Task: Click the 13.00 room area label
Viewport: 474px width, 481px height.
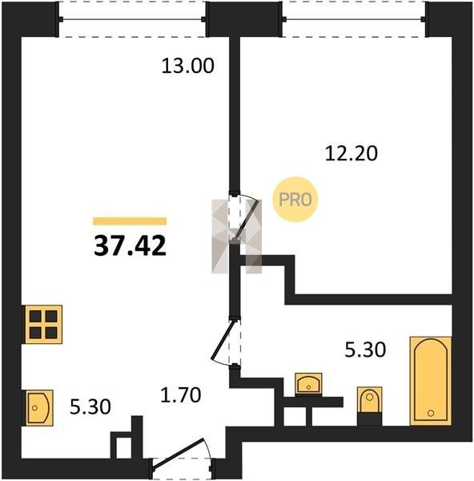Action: [x=187, y=66]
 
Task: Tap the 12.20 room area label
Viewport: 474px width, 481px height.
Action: [x=351, y=153]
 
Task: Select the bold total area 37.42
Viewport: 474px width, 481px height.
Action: [x=130, y=246]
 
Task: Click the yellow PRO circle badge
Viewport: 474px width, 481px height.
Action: [x=295, y=200]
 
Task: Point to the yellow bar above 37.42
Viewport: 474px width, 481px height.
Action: [x=130, y=221]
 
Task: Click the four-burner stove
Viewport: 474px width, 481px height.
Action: [x=43, y=324]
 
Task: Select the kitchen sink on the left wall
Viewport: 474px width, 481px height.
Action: [x=38, y=408]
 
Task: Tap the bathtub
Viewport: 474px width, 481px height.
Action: [x=431, y=381]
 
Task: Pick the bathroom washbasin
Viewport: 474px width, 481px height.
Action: [x=308, y=383]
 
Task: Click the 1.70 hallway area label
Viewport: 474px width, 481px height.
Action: [x=181, y=394]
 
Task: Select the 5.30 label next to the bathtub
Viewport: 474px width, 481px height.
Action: [x=365, y=350]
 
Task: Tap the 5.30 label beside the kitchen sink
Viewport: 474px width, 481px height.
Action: [x=90, y=407]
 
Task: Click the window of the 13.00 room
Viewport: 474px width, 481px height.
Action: [x=132, y=19]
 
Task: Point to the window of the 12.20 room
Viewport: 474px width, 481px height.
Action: [x=354, y=19]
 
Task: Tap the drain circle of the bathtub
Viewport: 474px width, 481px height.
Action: [x=431, y=413]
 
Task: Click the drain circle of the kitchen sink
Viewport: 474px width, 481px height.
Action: [x=34, y=408]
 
